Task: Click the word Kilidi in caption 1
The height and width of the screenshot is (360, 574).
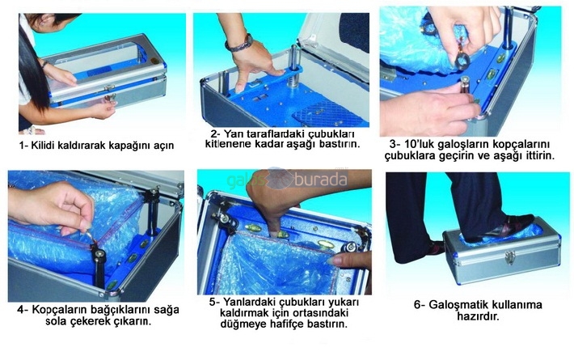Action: [43, 146]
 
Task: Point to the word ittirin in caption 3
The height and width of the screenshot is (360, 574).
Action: [538, 155]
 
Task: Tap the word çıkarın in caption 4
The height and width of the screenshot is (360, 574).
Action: [133, 322]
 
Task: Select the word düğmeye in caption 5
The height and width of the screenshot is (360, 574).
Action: [240, 324]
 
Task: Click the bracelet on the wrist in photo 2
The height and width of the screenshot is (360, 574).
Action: [239, 44]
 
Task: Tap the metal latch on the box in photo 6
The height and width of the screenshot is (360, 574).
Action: [509, 257]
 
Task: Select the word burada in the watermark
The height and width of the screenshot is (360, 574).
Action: [321, 180]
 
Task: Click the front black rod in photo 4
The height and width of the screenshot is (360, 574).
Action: [99, 266]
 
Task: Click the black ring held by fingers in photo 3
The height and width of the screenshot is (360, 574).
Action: [462, 60]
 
